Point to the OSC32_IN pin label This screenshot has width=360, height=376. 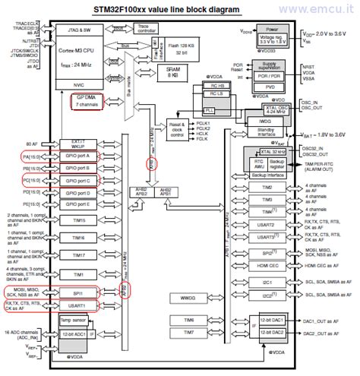pyautogui.click(x=319, y=149)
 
